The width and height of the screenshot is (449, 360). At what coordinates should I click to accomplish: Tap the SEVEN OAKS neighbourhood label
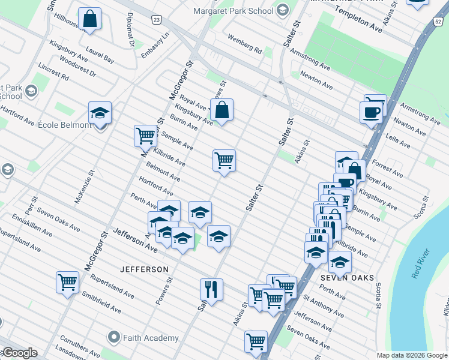pos(348,278)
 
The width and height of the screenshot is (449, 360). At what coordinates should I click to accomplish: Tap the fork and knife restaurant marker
pos(211,290)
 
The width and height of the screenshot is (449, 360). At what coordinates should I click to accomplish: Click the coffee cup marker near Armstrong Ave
pos(372,112)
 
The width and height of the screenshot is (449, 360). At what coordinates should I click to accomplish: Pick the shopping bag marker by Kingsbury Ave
pos(221,110)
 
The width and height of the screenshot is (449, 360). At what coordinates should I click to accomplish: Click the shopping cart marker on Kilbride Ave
pos(224,161)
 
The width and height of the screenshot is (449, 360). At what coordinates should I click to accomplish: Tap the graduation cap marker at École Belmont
pos(100,113)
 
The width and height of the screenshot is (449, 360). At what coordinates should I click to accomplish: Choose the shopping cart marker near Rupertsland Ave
pos(67,281)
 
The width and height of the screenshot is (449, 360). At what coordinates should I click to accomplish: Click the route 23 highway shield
pos(156,20)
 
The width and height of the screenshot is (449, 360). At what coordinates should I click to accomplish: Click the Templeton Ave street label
pos(358,20)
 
